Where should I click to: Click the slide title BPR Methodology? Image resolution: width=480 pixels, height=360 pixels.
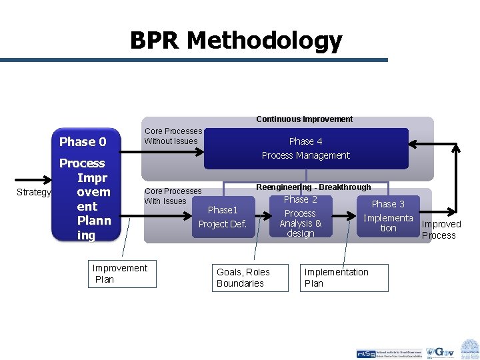click(236, 41)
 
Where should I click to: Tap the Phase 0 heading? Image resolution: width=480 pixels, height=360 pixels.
click(83, 141)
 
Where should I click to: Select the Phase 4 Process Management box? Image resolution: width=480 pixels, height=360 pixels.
click(305, 149)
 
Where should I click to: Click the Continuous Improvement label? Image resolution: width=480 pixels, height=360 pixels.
click(305, 119)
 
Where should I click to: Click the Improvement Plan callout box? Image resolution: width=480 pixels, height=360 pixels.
click(120, 274)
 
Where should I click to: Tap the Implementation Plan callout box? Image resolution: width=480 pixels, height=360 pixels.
click(344, 278)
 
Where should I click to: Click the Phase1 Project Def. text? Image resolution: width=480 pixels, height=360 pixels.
click(222, 217)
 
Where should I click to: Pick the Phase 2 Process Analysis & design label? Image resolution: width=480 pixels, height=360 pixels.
click(300, 217)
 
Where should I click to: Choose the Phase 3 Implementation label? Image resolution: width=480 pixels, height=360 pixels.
click(388, 216)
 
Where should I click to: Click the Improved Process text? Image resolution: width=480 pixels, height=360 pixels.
click(440, 229)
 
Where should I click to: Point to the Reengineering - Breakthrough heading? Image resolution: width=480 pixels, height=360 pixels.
click(313, 187)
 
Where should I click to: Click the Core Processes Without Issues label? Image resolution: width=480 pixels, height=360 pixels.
click(173, 136)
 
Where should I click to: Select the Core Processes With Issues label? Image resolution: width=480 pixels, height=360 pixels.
click(173, 196)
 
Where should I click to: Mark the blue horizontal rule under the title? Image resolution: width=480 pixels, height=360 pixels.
click(193, 60)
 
